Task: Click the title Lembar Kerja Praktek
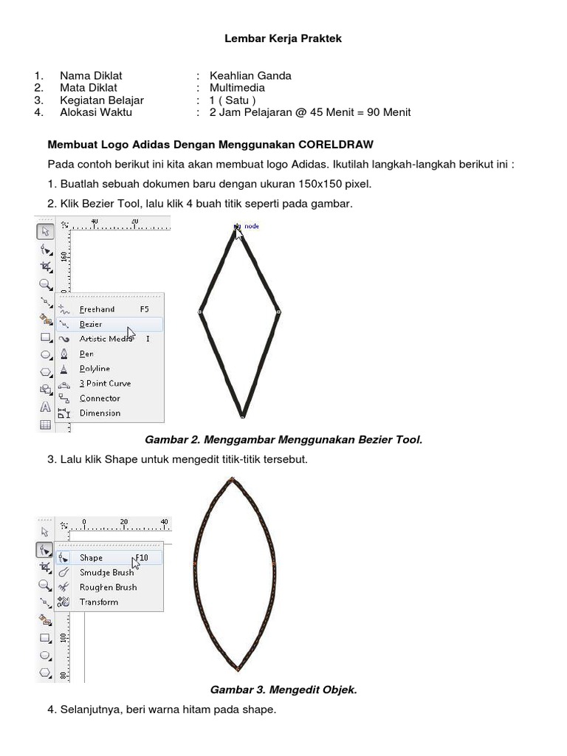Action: click(x=283, y=38)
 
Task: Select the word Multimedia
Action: click(x=237, y=88)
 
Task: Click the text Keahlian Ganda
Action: click(x=250, y=75)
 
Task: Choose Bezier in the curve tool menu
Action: click(x=91, y=324)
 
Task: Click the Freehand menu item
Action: click(x=97, y=309)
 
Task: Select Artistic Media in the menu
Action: click(x=106, y=339)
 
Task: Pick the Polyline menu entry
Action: click(x=94, y=368)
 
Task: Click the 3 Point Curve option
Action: click(x=105, y=383)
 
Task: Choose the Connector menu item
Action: click(x=100, y=398)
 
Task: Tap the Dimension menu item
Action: click(x=100, y=413)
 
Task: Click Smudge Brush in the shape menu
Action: click(x=106, y=572)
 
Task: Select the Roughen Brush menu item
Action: click(x=108, y=587)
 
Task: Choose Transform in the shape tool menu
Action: click(x=99, y=602)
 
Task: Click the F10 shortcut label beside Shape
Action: click(x=141, y=557)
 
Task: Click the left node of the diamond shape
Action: click(x=199, y=312)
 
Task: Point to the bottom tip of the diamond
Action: click(x=241, y=416)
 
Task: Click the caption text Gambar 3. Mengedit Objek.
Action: click(x=283, y=690)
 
